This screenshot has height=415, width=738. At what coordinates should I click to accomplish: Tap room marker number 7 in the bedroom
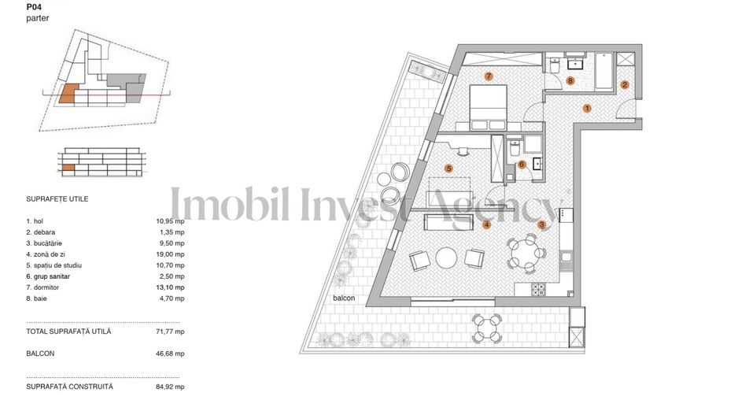(489, 76)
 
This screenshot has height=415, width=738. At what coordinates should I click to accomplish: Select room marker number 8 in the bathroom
(570, 80)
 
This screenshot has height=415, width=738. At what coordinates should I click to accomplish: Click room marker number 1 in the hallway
(587, 108)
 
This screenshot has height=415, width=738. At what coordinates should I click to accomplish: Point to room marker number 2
(625, 84)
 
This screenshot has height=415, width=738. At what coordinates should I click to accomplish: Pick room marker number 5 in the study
(448, 168)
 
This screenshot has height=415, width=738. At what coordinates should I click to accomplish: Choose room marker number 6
(522, 165)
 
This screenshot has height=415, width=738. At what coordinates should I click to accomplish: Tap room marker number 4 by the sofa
(487, 224)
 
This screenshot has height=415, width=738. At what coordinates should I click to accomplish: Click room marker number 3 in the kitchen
(542, 224)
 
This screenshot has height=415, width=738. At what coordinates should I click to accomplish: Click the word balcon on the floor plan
(344, 298)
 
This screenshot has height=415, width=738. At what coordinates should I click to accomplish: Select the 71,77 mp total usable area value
(171, 332)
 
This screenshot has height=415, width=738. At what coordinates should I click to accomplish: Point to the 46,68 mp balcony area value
(171, 354)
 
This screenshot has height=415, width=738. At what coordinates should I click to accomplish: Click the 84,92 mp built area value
(171, 387)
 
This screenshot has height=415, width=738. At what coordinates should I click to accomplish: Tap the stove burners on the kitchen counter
(539, 290)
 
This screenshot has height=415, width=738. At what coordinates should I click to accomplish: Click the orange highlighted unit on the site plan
(68, 94)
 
